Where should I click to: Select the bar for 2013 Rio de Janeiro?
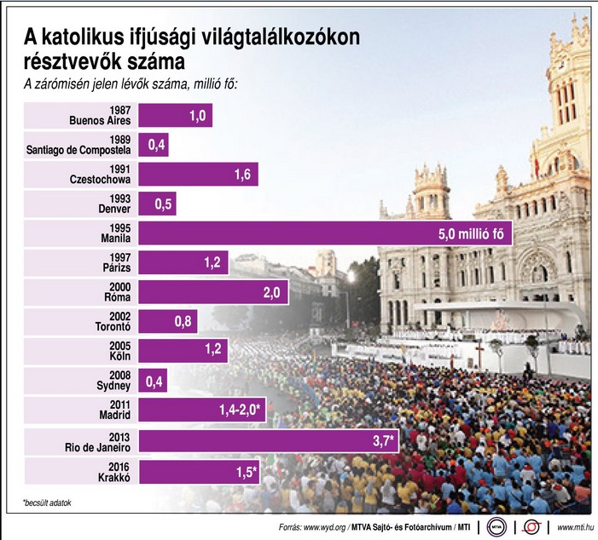point(264,439)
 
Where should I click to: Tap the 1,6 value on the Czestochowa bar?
point(241,174)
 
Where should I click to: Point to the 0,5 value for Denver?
point(163,204)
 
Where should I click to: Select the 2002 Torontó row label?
point(107,321)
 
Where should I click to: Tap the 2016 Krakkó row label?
point(108,470)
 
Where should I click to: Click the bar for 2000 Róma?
point(213,292)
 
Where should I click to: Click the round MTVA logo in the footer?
point(495,526)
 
